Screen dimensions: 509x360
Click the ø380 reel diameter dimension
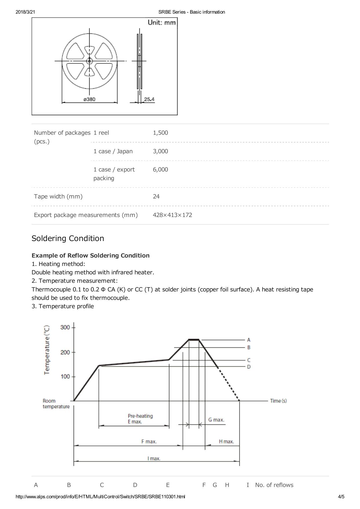(89, 99)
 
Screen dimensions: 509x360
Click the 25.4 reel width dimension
(149, 99)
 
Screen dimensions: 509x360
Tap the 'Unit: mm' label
(162, 23)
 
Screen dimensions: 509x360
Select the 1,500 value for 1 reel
(160, 133)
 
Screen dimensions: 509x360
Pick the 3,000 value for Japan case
(160, 151)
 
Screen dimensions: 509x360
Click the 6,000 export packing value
(160, 169)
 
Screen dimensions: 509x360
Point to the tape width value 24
(156, 196)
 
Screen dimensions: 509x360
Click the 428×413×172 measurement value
(172, 215)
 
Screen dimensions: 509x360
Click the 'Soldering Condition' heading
(68, 238)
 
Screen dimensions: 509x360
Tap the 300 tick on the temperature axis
(65, 327)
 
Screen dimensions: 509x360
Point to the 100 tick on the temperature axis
(65, 377)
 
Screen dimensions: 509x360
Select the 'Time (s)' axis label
(278, 401)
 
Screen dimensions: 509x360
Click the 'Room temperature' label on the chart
(56, 404)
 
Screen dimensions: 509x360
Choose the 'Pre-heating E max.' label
(140, 419)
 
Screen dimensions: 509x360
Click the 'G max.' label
(216, 420)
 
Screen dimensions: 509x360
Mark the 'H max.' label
(226, 442)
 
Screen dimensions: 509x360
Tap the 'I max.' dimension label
(154, 459)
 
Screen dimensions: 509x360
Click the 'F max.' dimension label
(149, 442)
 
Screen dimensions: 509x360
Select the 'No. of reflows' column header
(274, 485)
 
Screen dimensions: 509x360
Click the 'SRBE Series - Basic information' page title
(192, 12)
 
